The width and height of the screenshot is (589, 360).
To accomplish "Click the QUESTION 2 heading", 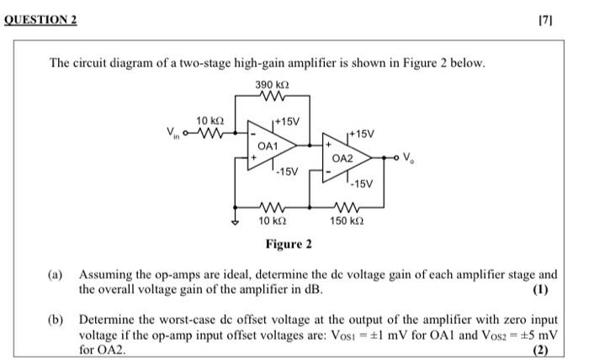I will click(x=40, y=18).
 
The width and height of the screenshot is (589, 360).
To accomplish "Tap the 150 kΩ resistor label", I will click(x=347, y=221).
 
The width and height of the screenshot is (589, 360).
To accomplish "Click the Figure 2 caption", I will click(x=289, y=244).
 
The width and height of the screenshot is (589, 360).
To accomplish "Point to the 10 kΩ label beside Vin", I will click(x=208, y=119).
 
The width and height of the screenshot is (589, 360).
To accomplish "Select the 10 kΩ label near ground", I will click(x=270, y=221).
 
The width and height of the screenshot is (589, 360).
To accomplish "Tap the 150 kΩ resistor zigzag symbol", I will click(x=347, y=207).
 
